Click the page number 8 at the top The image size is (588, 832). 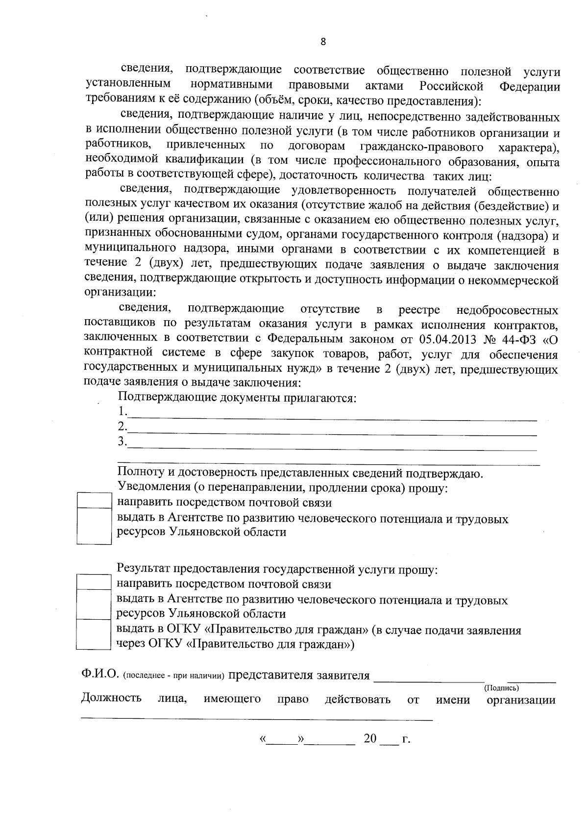point(323,42)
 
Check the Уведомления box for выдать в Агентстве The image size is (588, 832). point(94,526)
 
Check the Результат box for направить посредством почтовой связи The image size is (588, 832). point(94,582)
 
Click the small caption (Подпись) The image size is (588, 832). point(501,688)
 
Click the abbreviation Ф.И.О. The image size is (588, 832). point(100,675)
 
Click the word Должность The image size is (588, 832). point(111,699)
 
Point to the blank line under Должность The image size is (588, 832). point(257,717)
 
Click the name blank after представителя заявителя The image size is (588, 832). point(429,678)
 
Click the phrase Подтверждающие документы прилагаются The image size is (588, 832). point(237,398)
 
